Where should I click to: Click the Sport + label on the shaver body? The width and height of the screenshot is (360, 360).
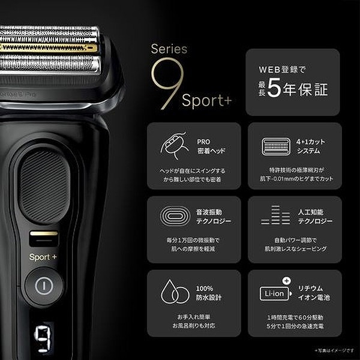pyautogui.click(x=43, y=257)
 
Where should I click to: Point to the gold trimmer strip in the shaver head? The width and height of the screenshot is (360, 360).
pyautogui.click(x=48, y=47)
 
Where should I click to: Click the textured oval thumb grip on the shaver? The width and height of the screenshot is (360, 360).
pyautogui.click(x=44, y=185)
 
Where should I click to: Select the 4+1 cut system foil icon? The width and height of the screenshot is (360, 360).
pyautogui.click(x=275, y=146)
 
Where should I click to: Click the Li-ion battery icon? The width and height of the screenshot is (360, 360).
pyautogui.click(x=274, y=292)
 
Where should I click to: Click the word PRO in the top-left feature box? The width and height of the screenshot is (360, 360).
pyautogui.click(x=203, y=142)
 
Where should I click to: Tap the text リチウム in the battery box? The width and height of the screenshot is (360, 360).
pyautogui.click(x=311, y=287)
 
